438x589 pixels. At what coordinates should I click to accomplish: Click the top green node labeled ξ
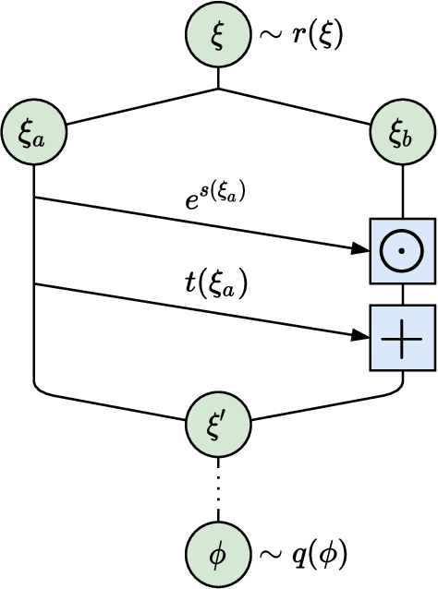[x=218, y=35]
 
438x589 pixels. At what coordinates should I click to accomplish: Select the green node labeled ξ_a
[x=34, y=136]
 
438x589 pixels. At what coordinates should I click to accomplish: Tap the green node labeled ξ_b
[x=402, y=136]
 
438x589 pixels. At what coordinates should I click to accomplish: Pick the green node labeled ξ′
[x=218, y=423]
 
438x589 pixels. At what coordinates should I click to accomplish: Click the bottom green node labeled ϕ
[x=218, y=555]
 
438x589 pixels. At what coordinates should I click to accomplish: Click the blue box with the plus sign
[x=402, y=339]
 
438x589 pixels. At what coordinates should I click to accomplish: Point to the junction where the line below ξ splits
[x=218, y=90]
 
